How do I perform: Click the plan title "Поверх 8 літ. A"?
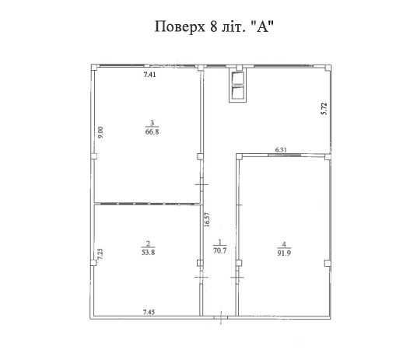(214, 26)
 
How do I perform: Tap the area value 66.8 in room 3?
(152, 131)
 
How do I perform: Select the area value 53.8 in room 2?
(148, 252)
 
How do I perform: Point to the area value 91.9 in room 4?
(284, 253)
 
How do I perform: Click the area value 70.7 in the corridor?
(220, 251)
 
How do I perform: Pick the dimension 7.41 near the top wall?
(149, 75)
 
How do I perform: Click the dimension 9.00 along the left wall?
(100, 132)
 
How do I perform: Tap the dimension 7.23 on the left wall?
(100, 254)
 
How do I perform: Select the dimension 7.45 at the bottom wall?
(149, 312)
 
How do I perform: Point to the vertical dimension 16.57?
(207, 220)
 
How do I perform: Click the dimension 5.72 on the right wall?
(324, 109)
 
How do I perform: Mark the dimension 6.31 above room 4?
(281, 150)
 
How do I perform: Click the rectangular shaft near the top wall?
(237, 86)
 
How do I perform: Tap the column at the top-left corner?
(94, 68)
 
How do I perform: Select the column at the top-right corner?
(328, 68)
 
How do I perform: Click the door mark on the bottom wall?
(221, 318)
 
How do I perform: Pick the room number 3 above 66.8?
(152, 123)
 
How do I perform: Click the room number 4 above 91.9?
(284, 244)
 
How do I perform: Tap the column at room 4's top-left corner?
(239, 156)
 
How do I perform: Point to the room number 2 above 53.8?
(148, 243)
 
